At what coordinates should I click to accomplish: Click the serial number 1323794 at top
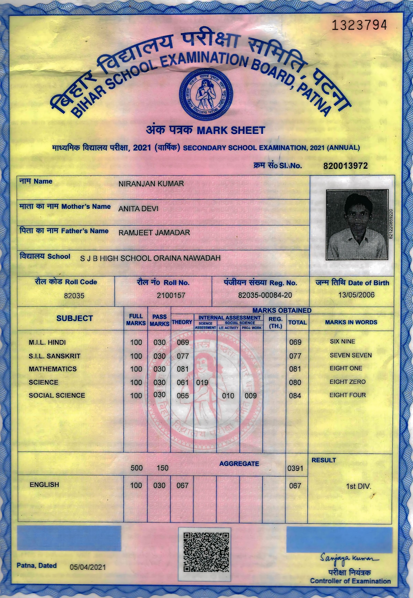coord(359,25)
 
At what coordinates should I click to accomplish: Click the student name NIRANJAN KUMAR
coord(151,184)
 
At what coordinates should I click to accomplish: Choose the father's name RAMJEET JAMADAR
coord(154,233)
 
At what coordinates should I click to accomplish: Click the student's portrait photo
coord(357,225)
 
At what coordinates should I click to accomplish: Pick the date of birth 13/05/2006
coord(356,295)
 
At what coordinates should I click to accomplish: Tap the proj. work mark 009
coord(251,396)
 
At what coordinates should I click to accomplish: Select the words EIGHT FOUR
coord(348,395)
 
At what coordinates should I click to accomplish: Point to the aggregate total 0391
coord(295,468)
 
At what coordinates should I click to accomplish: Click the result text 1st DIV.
coord(358,486)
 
